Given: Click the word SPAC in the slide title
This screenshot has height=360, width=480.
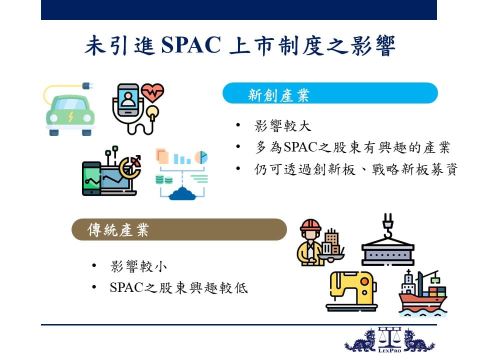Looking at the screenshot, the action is tap(190, 45).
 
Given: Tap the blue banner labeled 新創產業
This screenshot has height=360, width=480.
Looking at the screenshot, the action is tap(330, 93).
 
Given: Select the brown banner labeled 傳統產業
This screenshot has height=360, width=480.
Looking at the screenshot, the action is tap(179, 229).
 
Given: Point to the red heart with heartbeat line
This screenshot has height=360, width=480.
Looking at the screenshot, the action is tap(152, 92).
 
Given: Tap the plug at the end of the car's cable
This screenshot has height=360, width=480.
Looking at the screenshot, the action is tap(87, 86).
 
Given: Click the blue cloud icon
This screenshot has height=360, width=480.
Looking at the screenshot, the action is tap(182, 193).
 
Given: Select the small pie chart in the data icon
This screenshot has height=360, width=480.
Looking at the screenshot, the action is tap(201, 157).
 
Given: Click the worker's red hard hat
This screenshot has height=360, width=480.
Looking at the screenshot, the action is tap(310, 224).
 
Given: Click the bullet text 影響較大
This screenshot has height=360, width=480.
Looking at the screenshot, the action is tap(282, 126).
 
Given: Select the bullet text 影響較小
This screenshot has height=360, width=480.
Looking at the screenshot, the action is tap(138, 266).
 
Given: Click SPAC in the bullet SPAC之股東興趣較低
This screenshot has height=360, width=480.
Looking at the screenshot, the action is tap(126, 287).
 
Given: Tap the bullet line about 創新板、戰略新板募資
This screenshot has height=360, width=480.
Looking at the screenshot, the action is tap(355, 169).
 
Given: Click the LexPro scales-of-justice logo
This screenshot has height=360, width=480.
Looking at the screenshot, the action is tap(389, 340).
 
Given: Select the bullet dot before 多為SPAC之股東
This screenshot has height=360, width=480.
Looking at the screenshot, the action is tap(238, 146).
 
